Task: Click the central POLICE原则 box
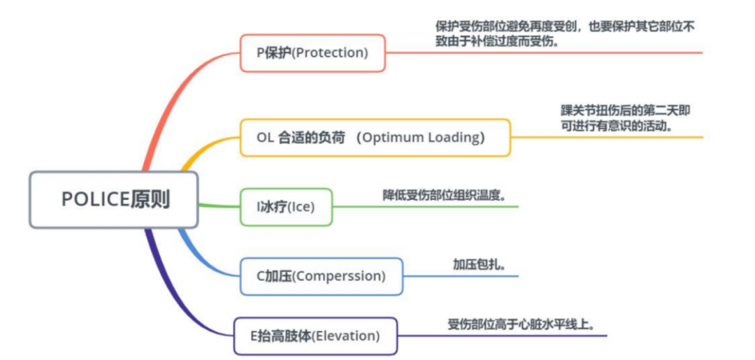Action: click(x=114, y=199)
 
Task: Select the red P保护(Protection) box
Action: click(x=312, y=53)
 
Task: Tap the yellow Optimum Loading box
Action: click(x=375, y=138)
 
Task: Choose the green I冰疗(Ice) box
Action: click(x=286, y=207)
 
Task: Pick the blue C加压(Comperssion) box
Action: click(x=321, y=276)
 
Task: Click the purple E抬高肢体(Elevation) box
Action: click(x=315, y=336)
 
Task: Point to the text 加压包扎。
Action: click(x=480, y=264)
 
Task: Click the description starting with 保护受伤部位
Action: click(x=566, y=34)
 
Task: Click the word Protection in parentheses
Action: click(x=330, y=53)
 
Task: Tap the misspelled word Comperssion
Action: click(x=339, y=277)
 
